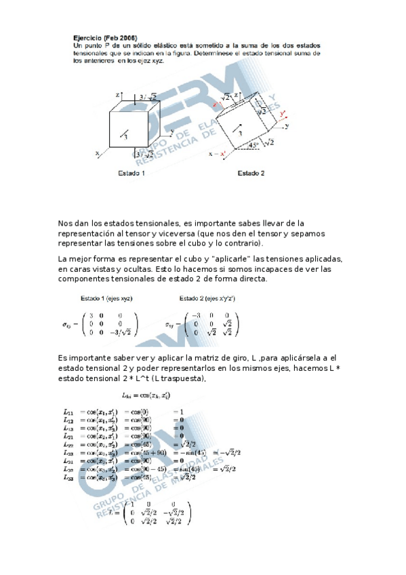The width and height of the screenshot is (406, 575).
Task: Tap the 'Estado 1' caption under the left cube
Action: pyautogui.click(x=131, y=174)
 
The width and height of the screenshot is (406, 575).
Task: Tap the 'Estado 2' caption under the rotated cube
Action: pyautogui.click(x=251, y=174)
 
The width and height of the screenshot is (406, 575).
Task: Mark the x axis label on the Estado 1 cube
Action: pyautogui.click(x=97, y=154)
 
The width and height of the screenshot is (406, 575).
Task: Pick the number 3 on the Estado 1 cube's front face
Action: pyautogui.click(x=126, y=136)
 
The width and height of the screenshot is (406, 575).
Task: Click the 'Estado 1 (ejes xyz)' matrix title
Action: pyautogui.click(x=106, y=298)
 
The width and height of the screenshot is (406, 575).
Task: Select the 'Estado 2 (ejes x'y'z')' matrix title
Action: pyautogui.click(x=207, y=298)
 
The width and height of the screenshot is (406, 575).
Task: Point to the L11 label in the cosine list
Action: pyautogui.click(x=68, y=412)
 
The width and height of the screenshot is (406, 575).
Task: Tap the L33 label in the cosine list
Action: pyautogui.click(x=68, y=477)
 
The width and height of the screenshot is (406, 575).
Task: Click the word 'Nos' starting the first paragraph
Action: pyautogui.click(x=66, y=223)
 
